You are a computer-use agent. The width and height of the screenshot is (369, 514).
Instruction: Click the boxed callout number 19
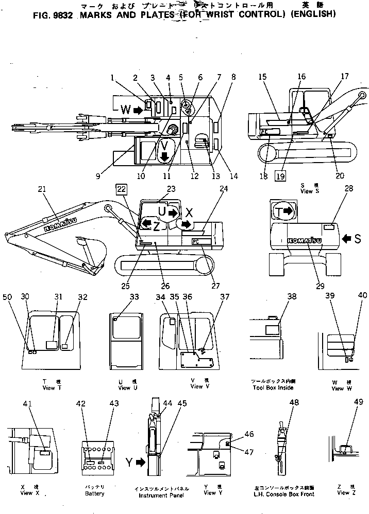[280, 175]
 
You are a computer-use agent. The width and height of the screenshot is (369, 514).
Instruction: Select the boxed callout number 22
[121, 189]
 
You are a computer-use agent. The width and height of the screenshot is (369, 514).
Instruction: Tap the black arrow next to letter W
[138, 110]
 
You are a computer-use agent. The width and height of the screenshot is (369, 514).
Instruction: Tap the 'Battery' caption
[94, 493]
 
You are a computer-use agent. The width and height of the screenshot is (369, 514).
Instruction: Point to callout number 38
[292, 296]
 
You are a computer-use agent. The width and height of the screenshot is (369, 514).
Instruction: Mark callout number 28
[349, 189]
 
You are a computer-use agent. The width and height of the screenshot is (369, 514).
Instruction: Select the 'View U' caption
[124, 387]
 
